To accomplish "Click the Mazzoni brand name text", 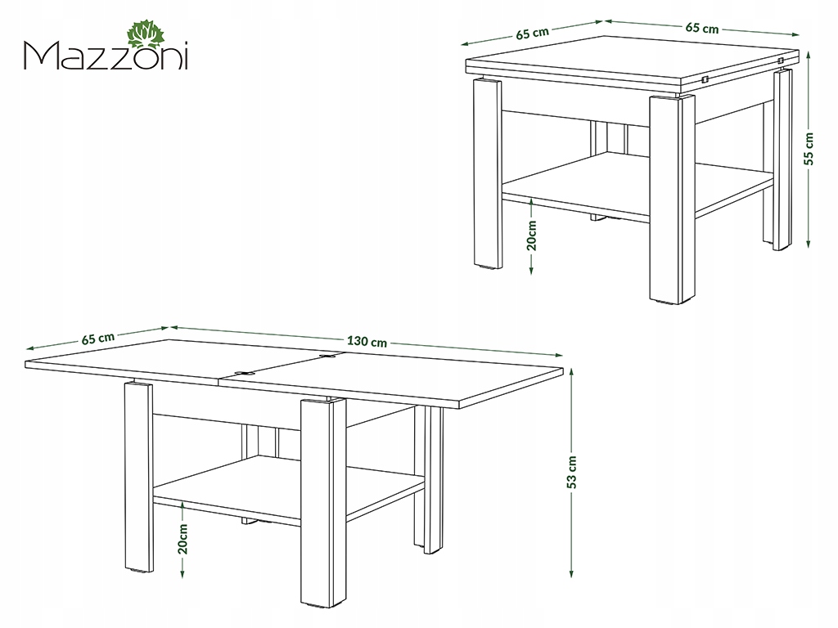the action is point(106,56).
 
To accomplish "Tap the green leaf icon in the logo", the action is point(146,36).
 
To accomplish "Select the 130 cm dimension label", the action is point(367,341).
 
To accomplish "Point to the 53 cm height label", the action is point(572,472).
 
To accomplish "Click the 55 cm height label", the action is point(809,149).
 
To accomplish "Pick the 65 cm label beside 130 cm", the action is point(98,339).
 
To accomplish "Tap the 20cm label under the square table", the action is point(531,235).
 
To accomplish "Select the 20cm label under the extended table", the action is point(182,538).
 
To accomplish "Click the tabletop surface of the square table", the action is point(632,58).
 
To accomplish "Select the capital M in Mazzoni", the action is point(40,56).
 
